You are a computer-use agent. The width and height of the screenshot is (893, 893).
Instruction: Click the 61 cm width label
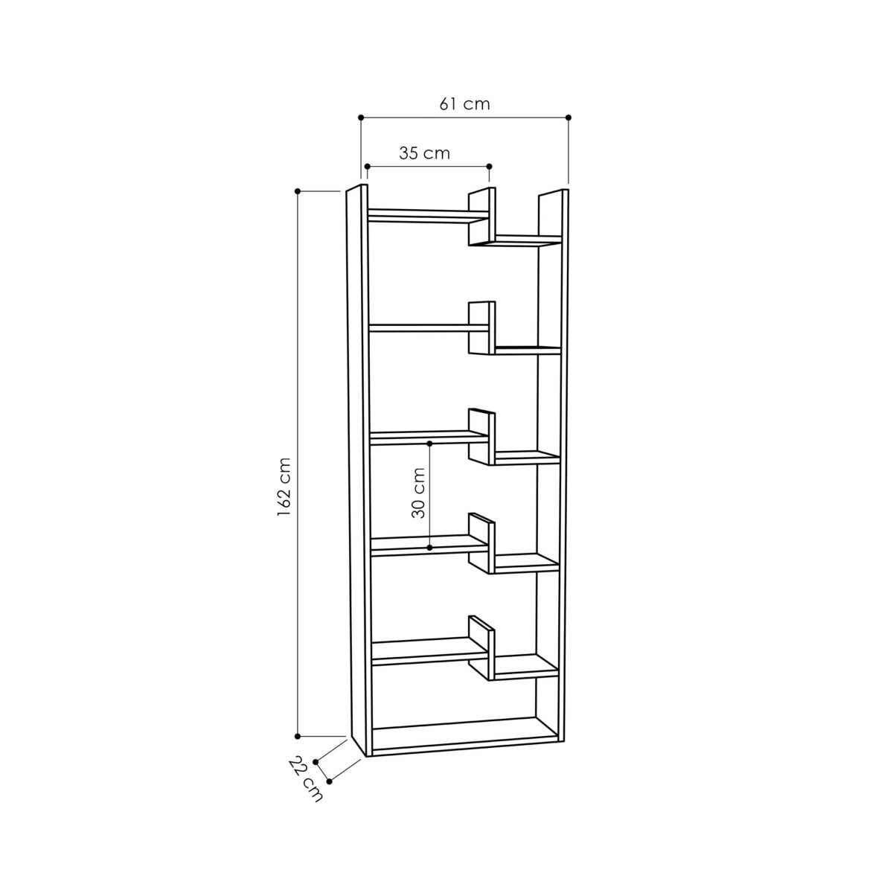coord(464,103)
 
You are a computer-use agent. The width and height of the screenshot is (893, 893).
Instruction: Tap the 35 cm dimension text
coord(424,153)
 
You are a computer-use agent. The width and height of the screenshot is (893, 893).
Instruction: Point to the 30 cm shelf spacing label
coord(418,492)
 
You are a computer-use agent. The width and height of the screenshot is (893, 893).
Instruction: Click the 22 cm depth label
coord(306,778)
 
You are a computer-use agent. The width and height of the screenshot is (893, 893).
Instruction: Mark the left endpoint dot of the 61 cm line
coord(361,118)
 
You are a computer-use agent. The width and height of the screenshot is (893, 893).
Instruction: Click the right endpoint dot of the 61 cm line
coord(569,118)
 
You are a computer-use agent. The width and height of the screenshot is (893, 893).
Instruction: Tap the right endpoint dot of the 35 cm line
coord(489,166)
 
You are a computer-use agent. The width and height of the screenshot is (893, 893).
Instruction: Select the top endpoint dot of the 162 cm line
coord(298,191)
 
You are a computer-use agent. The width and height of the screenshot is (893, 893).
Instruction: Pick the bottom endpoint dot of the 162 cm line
coord(298,736)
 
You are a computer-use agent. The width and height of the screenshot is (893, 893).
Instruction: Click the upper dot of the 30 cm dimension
coord(430,444)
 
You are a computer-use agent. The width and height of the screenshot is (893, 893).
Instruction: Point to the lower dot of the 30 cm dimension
coord(430,548)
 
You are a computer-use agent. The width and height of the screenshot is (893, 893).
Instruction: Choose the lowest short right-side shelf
coord(525,666)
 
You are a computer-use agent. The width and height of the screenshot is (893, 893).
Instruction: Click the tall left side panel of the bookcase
coord(357,469)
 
